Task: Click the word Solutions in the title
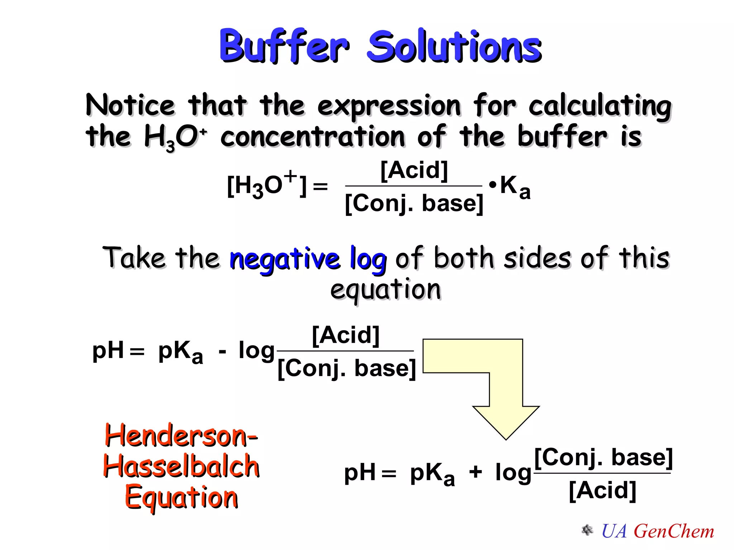pyautogui.click(x=454, y=47)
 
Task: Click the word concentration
pyautogui.click(x=313, y=137)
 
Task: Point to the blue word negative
pyautogui.click(x=285, y=259)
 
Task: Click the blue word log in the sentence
pyautogui.click(x=368, y=259)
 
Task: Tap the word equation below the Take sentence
pyautogui.click(x=385, y=290)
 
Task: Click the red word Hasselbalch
pyautogui.click(x=181, y=466)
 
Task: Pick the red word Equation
pyautogui.click(x=181, y=498)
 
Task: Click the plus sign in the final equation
pyautogui.click(x=476, y=472)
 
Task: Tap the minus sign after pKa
pyautogui.click(x=222, y=352)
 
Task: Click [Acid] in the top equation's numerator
pyautogui.click(x=414, y=170)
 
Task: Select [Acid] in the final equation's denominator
pyautogui.click(x=602, y=491)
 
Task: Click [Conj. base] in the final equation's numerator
pyautogui.click(x=603, y=458)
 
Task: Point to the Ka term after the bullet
pyautogui.click(x=515, y=187)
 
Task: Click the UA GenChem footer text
pyautogui.click(x=657, y=531)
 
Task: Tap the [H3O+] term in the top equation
pyautogui.click(x=267, y=185)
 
